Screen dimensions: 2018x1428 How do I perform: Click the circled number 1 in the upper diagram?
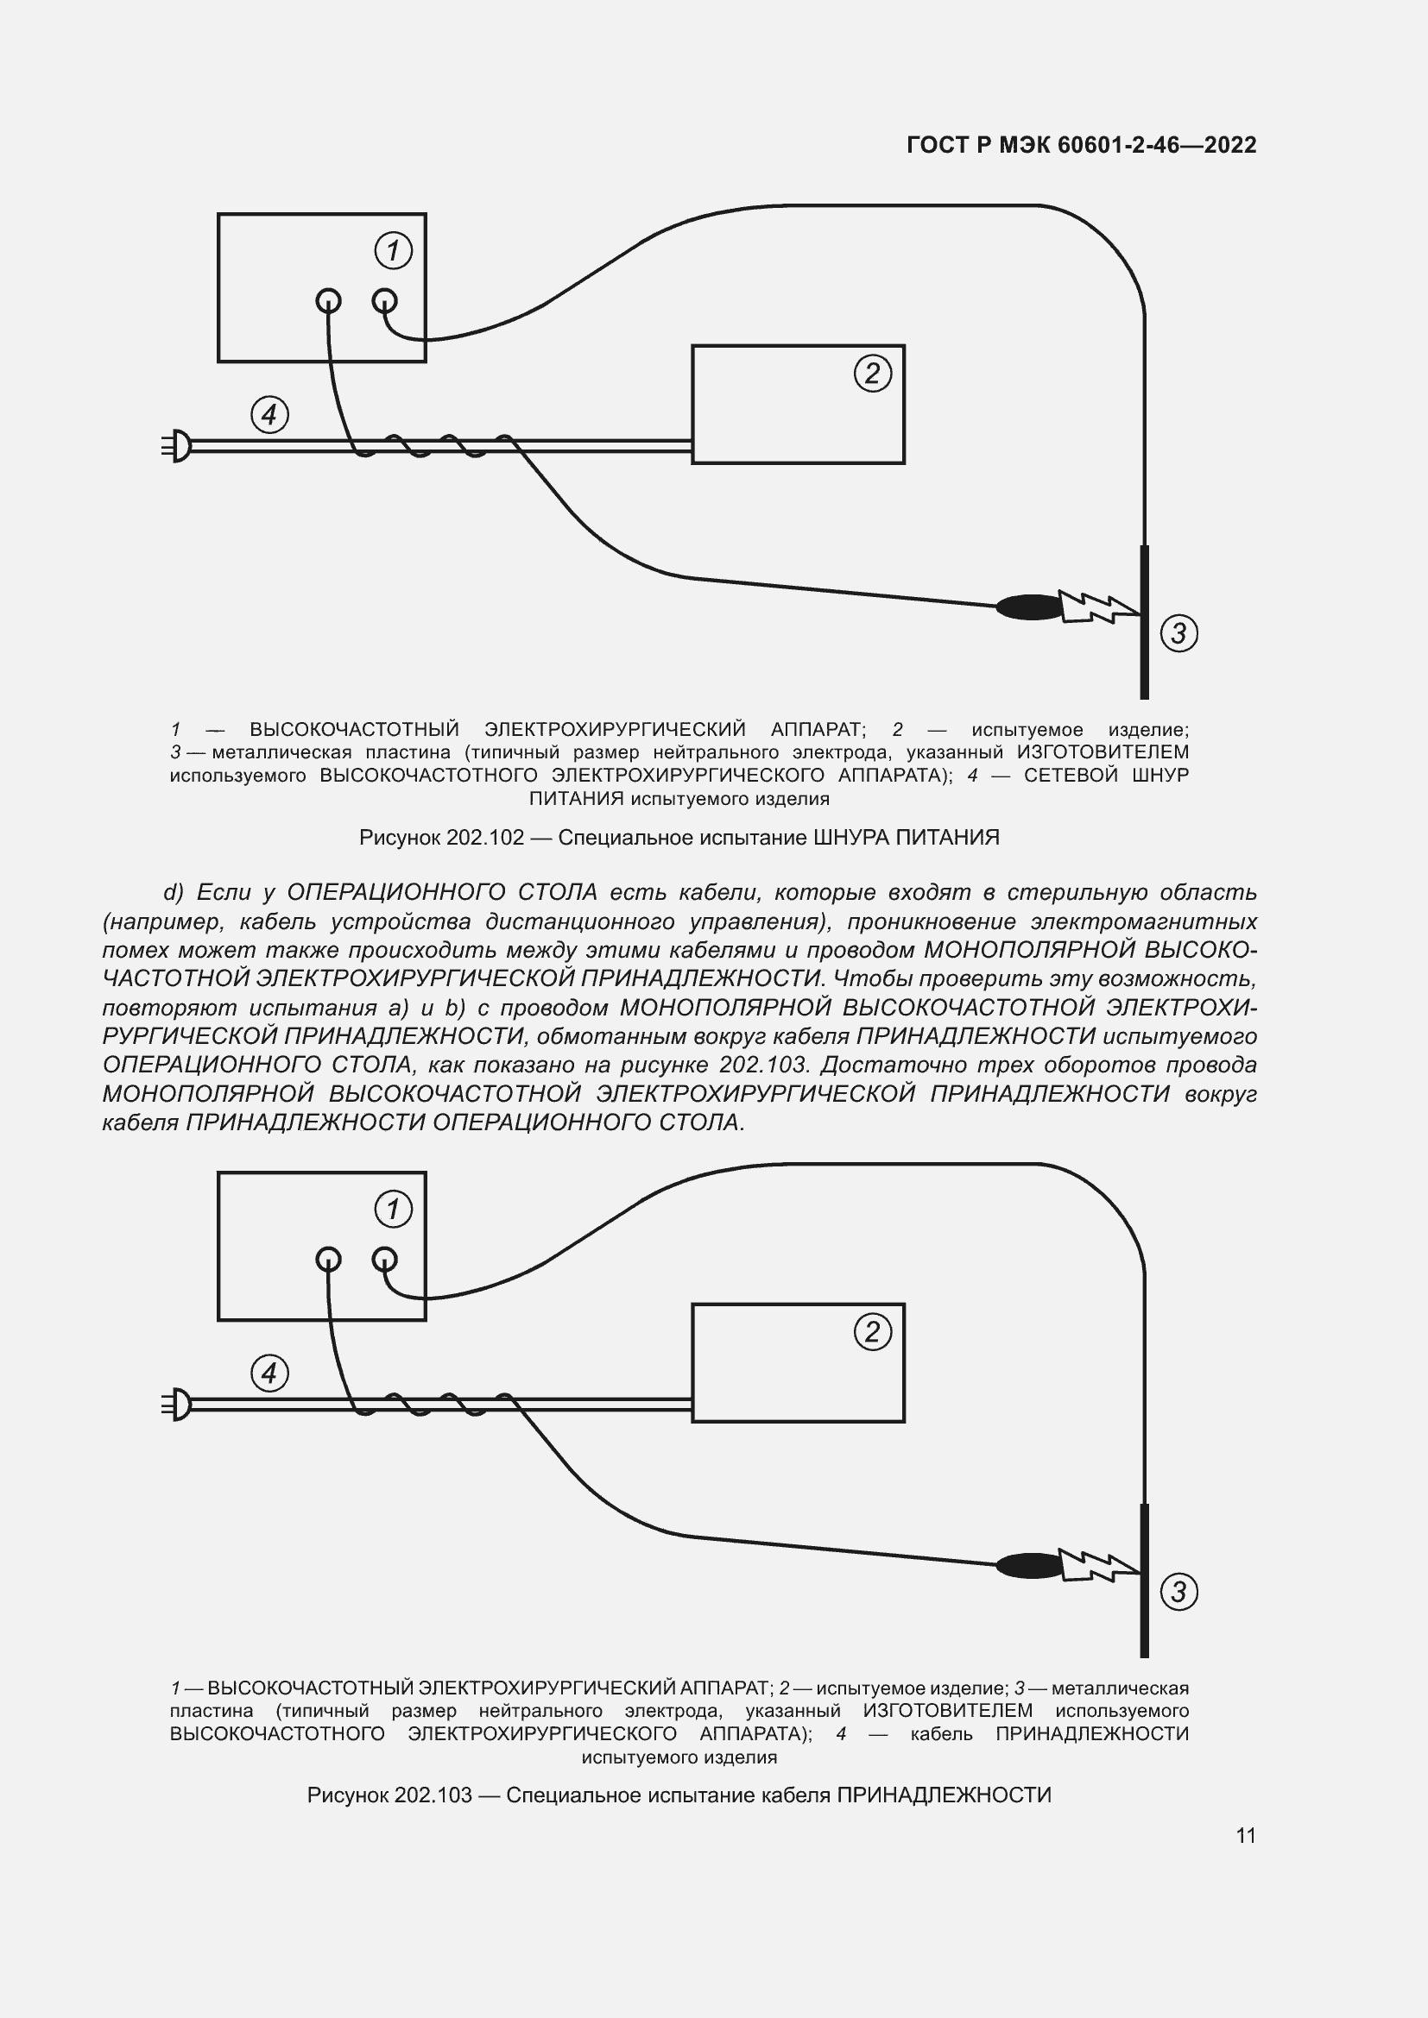coord(393,250)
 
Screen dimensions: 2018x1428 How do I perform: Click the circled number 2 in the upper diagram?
coord(872,374)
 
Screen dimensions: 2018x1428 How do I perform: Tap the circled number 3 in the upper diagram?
coord(1178,632)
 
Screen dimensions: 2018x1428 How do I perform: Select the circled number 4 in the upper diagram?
coord(269,414)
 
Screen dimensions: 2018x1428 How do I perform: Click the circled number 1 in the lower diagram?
coord(393,1209)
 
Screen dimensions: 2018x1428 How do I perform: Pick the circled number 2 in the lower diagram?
coord(872,1331)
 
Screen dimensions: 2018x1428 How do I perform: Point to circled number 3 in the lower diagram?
coord(1178,1591)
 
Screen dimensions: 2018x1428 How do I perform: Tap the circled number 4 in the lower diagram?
coord(269,1373)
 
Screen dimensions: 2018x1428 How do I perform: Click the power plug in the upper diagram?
coord(178,445)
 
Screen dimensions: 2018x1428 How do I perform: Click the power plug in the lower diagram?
coord(178,1404)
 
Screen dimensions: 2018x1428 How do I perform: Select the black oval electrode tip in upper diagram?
coord(1029,607)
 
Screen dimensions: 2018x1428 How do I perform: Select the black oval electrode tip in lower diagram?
coord(1029,1564)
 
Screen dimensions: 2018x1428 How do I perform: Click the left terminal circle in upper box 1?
coord(328,301)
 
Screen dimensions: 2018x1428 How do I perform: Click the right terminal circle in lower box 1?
coord(384,1260)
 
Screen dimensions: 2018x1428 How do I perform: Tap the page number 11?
coord(1245,1835)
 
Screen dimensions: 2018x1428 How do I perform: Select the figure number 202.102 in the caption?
coord(484,838)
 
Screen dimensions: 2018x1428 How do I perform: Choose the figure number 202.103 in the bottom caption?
coord(433,1795)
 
